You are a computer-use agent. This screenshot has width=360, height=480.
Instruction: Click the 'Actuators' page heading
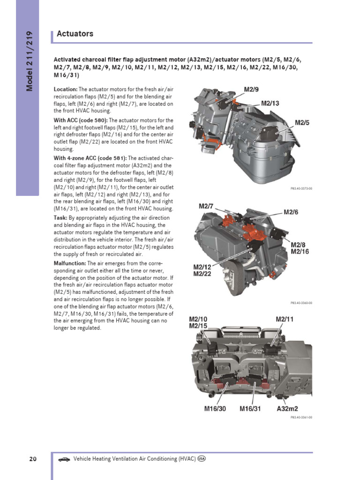(x=75, y=34)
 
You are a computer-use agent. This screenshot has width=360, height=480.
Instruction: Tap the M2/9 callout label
(x=251, y=89)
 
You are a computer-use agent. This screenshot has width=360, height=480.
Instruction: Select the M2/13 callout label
(x=270, y=103)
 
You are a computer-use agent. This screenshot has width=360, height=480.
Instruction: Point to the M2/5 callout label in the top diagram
(x=302, y=122)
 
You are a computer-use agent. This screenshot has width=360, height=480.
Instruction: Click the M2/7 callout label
(x=206, y=206)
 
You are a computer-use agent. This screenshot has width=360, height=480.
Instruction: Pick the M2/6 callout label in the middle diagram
(x=291, y=212)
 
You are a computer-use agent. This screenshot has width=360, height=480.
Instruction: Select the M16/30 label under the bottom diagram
(x=215, y=408)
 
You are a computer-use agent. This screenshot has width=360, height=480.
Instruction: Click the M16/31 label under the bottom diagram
(x=250, y=408)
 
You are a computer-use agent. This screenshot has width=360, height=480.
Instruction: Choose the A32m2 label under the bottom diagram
(x=287, y=408)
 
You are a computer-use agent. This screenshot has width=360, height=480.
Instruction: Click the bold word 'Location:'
(x=66, y=89)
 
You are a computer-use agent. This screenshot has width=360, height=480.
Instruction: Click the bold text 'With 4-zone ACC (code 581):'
(x=90, y=158)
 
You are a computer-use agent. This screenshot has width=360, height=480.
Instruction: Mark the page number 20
(x=33, y=459)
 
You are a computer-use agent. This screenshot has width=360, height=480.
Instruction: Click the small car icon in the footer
(x=64, y=459)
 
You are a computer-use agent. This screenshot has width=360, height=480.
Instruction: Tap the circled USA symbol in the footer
(x=202, y=459)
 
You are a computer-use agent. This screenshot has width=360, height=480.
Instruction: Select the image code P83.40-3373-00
(x=301, y=188)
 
